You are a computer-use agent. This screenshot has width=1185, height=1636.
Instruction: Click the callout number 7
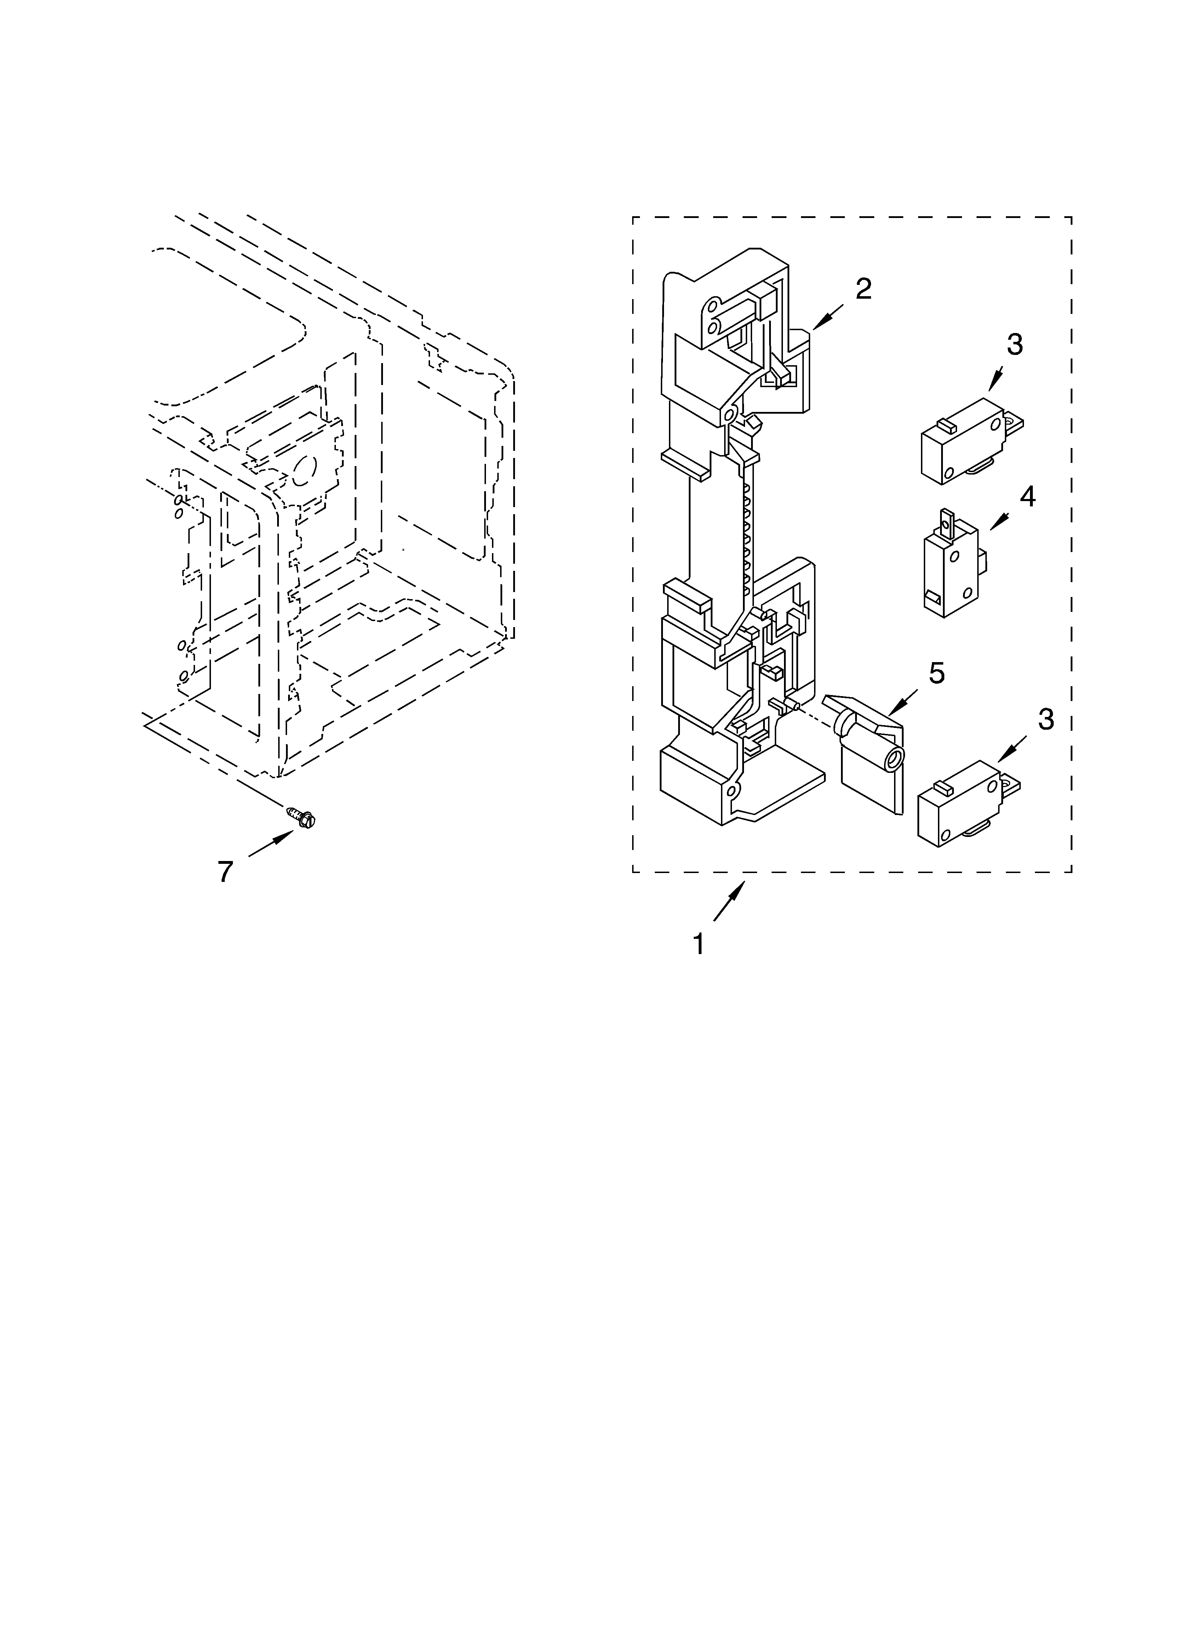click(226, 872)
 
